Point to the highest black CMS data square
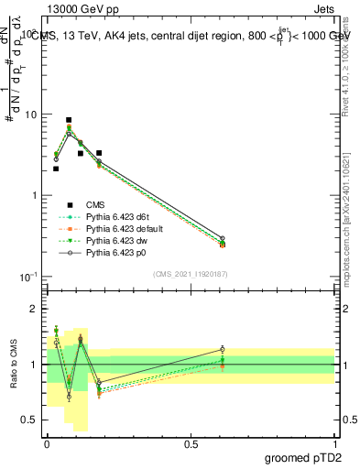point(69,120)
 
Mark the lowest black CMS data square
point(56,169)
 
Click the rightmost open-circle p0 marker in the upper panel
point(223,238)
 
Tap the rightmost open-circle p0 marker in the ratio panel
point(223,349)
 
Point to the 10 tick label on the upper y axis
point(29,115)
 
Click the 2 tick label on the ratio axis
point(34,310)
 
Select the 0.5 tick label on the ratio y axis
point(29,420)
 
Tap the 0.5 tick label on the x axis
point(191,443)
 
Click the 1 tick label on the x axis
point(334,443)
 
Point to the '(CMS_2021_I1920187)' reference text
point(191,274)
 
